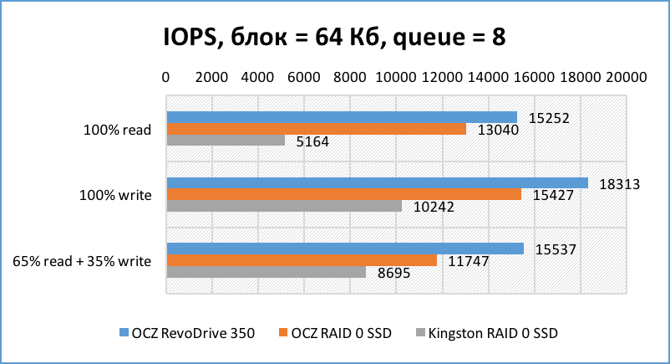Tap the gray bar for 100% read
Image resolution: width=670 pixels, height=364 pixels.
point(226,141)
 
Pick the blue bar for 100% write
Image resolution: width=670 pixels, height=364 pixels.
point(377,182)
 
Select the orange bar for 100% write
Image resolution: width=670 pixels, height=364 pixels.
point(343,194)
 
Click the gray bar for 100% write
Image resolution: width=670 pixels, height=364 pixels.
point(284,206)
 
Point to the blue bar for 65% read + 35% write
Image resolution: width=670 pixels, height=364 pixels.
point(345,249)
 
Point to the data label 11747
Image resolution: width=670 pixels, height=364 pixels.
point(468,260)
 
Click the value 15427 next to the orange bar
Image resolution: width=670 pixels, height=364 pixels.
point(552,195)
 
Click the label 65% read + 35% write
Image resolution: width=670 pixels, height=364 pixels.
point(82,260)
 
